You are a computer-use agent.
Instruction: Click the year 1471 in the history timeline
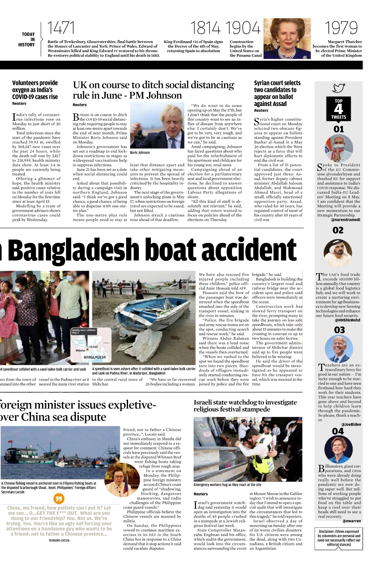pyautogui.click(x=61, y=28)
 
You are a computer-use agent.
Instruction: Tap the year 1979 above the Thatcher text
pyautogui.click(x=341, y=28)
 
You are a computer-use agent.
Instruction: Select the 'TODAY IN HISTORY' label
pyautogui.click(x=28, y=39)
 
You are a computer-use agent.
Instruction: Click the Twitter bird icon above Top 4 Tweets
pyautogui.click(x=338, y=88)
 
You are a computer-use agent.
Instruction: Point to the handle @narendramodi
pyautogui.click(x=345, y=220)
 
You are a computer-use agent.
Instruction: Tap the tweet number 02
pyautogui.click(x=338, y=230)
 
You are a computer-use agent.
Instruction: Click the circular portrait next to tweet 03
pyautogui.click(x=339, y=349)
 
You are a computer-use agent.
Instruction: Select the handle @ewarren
pyautogui.click(x=351, y=521)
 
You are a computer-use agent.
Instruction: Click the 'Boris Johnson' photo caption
pyautogui.click(x=140, y=153)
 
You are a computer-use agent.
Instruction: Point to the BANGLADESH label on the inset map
pyautogui.click(x=95, y=357)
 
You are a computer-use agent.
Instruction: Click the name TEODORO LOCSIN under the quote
pyautogui.click(x=59, y=541)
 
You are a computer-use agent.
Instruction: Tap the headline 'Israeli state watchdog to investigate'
pyautogui.click(x=245, y=402)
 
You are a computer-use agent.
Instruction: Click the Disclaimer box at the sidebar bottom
pyautogui.click(x=339, y=538)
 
